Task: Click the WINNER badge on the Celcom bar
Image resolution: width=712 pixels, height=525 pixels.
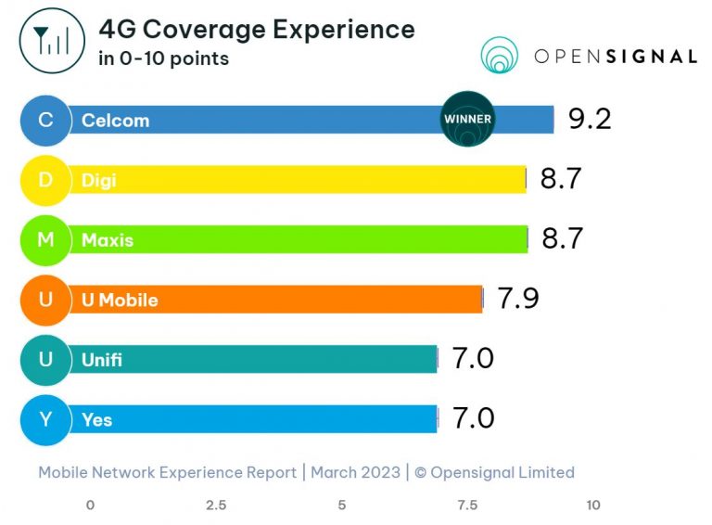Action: pyautogui.click(x=467, y=120)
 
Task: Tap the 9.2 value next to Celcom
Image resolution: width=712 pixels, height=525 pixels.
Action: pyautogui.click(x=590, y=119)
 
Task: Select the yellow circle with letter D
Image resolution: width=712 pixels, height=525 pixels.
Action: pyautogui.click(x=45, y=180)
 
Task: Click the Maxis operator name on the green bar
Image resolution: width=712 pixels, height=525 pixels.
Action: pyautogui.click(x=108, y=240)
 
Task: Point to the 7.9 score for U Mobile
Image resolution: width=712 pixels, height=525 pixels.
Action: pyautogui.click(x=518, y=299)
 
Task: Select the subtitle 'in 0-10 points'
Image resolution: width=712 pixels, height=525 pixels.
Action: pyautogui.click(x=163, y=59)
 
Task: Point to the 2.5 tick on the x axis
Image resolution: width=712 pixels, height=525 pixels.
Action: pyautogui.click(x=216, y=506)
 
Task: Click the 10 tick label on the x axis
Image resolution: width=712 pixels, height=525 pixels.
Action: pyautogui.click(x=593, y=506)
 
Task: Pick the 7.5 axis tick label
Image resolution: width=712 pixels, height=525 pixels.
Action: pyautogui.click(x=467, y=506)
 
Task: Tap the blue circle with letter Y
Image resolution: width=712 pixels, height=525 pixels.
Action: pyautogui.click(x=45, y=420)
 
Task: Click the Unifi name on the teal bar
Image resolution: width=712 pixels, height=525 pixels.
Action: pyautogui.click(x=102, y=360)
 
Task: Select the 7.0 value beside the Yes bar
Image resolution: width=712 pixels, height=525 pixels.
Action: pyautogui.click(x=473, y=418)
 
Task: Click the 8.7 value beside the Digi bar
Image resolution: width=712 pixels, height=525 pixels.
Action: pyautogui.click(x=561, y=179)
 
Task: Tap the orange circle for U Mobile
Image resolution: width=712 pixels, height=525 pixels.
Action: pyautogui.click(x=45, y=300)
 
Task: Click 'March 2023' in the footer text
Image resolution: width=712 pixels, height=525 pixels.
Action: pyautogui.click(x=355, y=472)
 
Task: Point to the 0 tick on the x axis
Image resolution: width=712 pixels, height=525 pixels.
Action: pyautogui.click(x=90, y=506)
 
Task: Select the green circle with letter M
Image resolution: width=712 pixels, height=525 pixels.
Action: pyautogui.click(x=45, y=240)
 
